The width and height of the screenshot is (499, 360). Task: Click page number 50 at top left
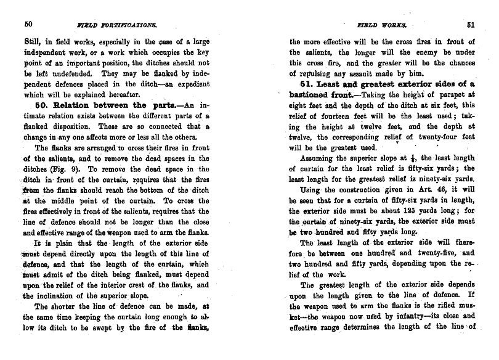tap(28, 25)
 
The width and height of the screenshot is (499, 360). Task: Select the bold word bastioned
tap(312, 94)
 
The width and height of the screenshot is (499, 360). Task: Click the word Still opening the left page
tap(31, 42)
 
